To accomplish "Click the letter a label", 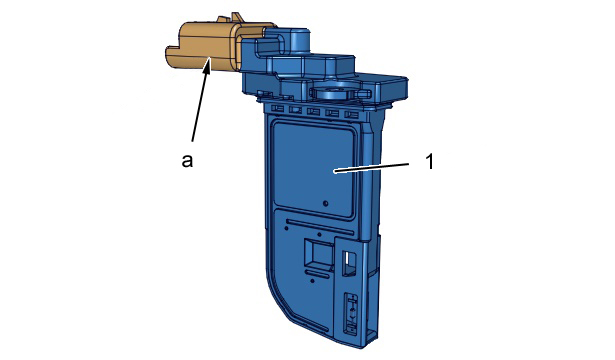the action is [187, 160].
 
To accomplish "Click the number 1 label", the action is [430, 161].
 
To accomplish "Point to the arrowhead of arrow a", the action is [208, 64].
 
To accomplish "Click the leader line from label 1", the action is [371, 167].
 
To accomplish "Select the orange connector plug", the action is [212, 45].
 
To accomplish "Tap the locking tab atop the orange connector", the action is [231, 18].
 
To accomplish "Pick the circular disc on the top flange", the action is [331, 92].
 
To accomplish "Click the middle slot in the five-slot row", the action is [313, 111].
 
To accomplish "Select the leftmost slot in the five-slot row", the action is [277, 108].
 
